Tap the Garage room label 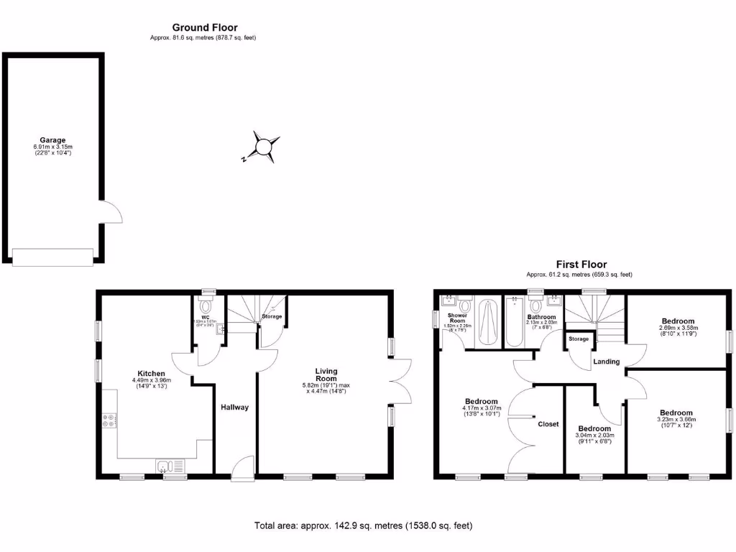tap(52, 140)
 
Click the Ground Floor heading tap(204, 27)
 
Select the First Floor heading tap(581, 264)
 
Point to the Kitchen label tap(152, 374)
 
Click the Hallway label tap(234, 408)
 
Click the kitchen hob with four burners tap(110, 420)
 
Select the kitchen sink tap(170, 466)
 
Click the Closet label tap(548, 424)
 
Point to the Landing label tap(606, 362)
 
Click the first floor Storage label tap(579, 339)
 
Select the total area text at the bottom tap(363, 526)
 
